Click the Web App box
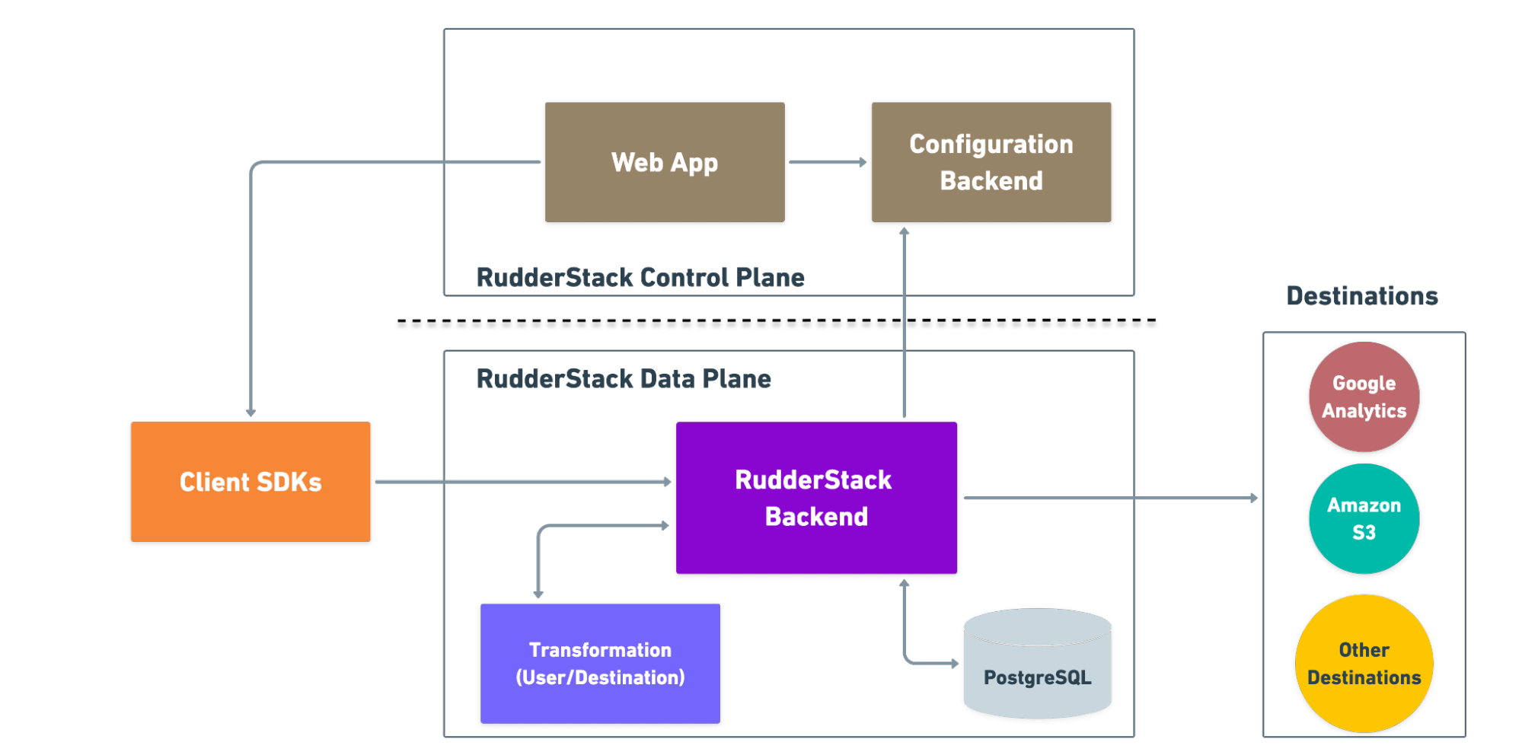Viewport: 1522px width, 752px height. (x=665, y=162)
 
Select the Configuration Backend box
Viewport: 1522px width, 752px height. (x=991, y=162)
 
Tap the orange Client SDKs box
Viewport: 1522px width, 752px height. (x=250, y=482)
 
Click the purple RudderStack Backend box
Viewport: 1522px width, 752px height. (x=815, y=498)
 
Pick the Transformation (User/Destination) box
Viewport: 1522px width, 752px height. (x=600, y=663)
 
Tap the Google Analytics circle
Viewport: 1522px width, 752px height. (x=1364, y=397)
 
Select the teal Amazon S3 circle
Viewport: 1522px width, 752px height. (x=1364, y=518)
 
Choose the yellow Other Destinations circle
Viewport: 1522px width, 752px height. (x=1364, y=663)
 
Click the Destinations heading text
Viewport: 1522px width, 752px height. (x=1361, y=295)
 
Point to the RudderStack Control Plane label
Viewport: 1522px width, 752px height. (x=640, y=277)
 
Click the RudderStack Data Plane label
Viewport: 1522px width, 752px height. (x=623, y=378)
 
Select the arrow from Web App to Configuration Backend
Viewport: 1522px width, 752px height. (x=827, y=162)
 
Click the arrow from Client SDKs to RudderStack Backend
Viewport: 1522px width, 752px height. (x=522, y=482)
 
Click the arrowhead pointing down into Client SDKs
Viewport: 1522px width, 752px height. (x=250, y=412)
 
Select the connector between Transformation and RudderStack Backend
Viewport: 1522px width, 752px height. (x=539, y=556)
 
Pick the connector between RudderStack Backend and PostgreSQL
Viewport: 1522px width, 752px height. (x=905, y=632)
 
